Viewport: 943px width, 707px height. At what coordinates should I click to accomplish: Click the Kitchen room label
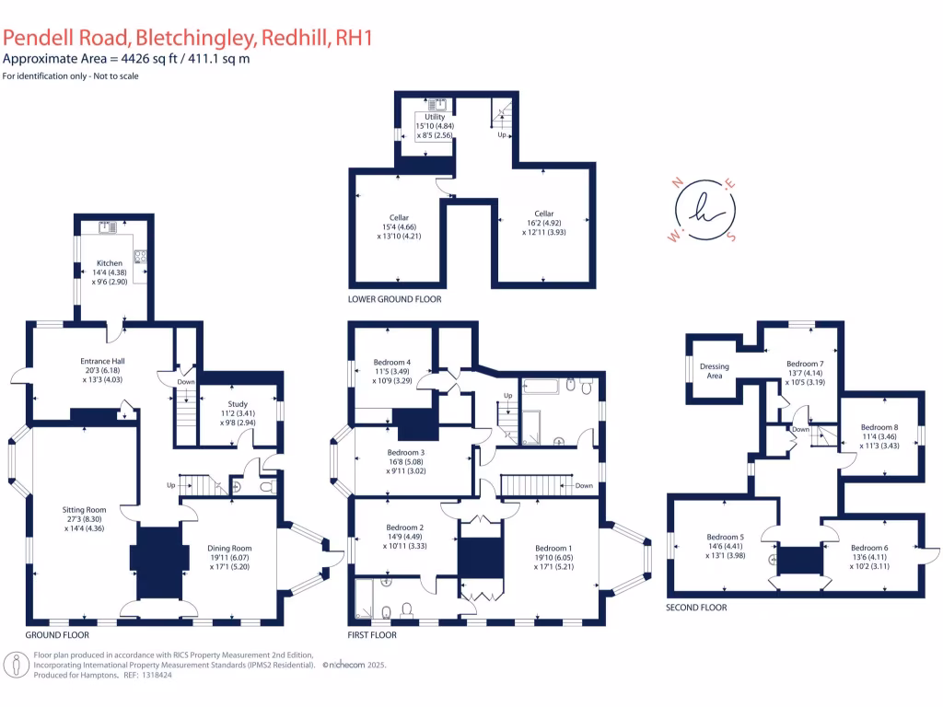coord(110,263)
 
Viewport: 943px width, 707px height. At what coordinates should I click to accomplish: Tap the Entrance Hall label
coord(102,361)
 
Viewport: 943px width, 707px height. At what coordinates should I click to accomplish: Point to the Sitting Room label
coord(84,509)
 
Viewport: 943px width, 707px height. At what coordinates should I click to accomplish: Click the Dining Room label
coord(229,549)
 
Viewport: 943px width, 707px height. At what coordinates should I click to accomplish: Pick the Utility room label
coord(435,117)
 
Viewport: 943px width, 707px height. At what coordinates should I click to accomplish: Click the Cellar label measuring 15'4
coord(399,218)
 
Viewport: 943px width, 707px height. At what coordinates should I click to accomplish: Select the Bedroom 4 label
coord(392,362)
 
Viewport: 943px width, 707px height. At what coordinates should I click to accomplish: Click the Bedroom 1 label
coord(553,548)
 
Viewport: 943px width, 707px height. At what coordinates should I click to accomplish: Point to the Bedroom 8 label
coord(879,427)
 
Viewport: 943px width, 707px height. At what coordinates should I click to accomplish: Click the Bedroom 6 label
coord(868,548)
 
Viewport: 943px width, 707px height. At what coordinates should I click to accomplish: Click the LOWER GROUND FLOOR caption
coord(394,299)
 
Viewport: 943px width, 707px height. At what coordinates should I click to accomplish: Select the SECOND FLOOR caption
coord(696,608)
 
